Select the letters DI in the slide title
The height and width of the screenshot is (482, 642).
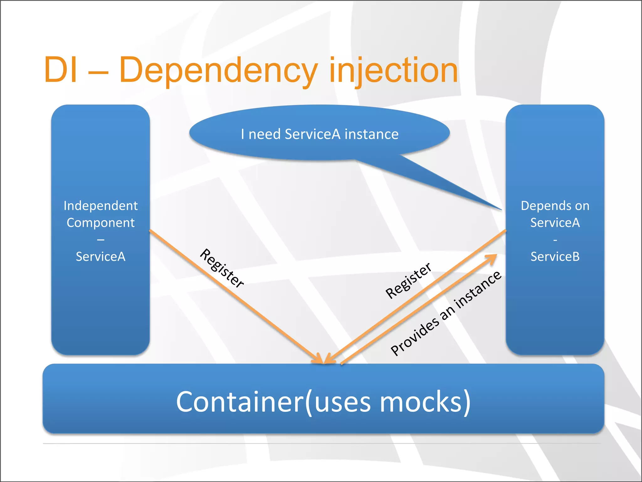point(61,70)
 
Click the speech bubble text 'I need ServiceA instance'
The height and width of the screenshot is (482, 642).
point(319,134)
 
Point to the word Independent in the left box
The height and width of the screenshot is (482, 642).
point(101,206)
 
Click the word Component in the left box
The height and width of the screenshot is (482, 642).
point(101,223)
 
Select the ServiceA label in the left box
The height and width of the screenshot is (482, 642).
point(101,257)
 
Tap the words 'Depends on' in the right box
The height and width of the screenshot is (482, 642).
point(555,206)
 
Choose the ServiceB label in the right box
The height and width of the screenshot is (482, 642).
point(555,257)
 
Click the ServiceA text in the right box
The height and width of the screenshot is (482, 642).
point(555,223)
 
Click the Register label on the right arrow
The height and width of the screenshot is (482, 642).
point(408,280)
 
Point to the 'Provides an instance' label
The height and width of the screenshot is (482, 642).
point(446,313)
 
